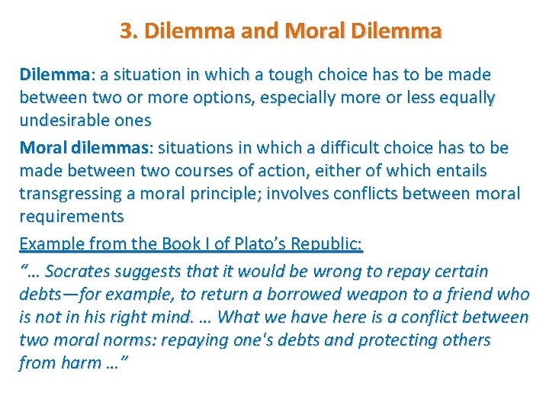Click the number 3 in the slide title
(x=125, y=31)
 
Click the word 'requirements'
(x=71, y=216)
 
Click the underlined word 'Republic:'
(x=329, y=244)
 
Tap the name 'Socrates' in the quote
(x=81, y=271)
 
